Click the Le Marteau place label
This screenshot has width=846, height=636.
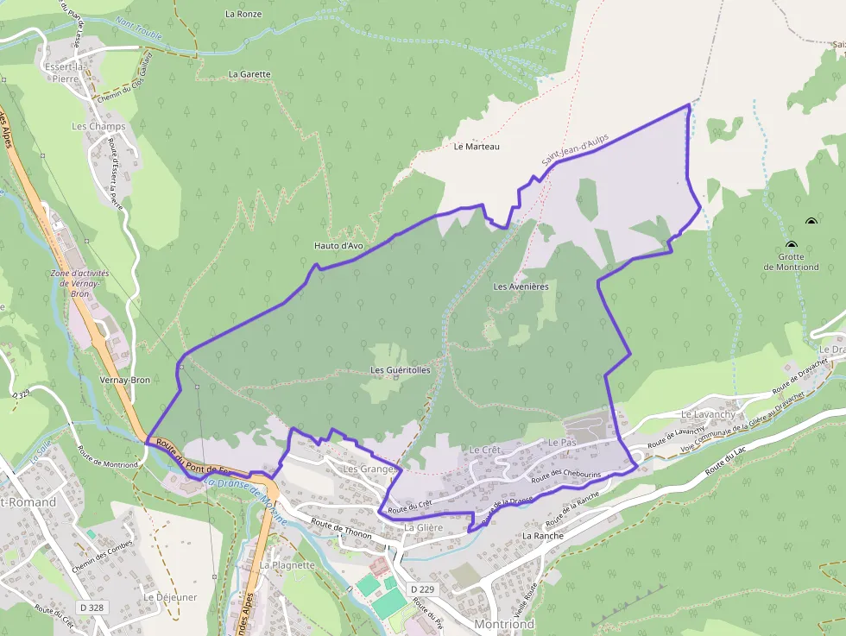pyautogui.click(x=477, y=147)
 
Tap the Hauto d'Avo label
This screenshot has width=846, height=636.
pyautogui.click(x=338, y=246)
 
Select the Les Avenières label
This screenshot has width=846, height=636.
pyautogui.click(x=521, y=287)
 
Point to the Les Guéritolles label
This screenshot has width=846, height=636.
pyautogui.click(x=400, y=370)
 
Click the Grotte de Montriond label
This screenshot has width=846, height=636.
pyautogui.click(x=791, y=261)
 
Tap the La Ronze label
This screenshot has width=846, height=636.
pyautogui.click(x=243, y=14)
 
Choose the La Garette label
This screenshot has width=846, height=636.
pyautogui.click(x=249, y=74)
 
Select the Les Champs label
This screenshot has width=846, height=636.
pyautogui.click(x=98, y=126)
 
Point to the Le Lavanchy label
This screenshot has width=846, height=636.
pyautogui.click(x=708, y=415)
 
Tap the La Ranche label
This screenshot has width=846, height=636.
pyautogui.click(x=543, y=536)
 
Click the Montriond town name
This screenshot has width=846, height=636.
pyautogui.click(x=504, y=623)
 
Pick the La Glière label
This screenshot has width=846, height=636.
pyautogui.click(x=423, y=527)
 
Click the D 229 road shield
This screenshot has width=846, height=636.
pyautogui.click(x=422, y=589)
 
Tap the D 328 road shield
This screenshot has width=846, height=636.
pyautogui.click(x=92, y=608)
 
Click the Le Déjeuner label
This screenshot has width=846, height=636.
pyautogui.click(x=170, y=597)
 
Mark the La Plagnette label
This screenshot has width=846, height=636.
pyautogui.click(x=287, y=565)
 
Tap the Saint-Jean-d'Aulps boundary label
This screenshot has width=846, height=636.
pyautogui.click(x=575, y=149)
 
